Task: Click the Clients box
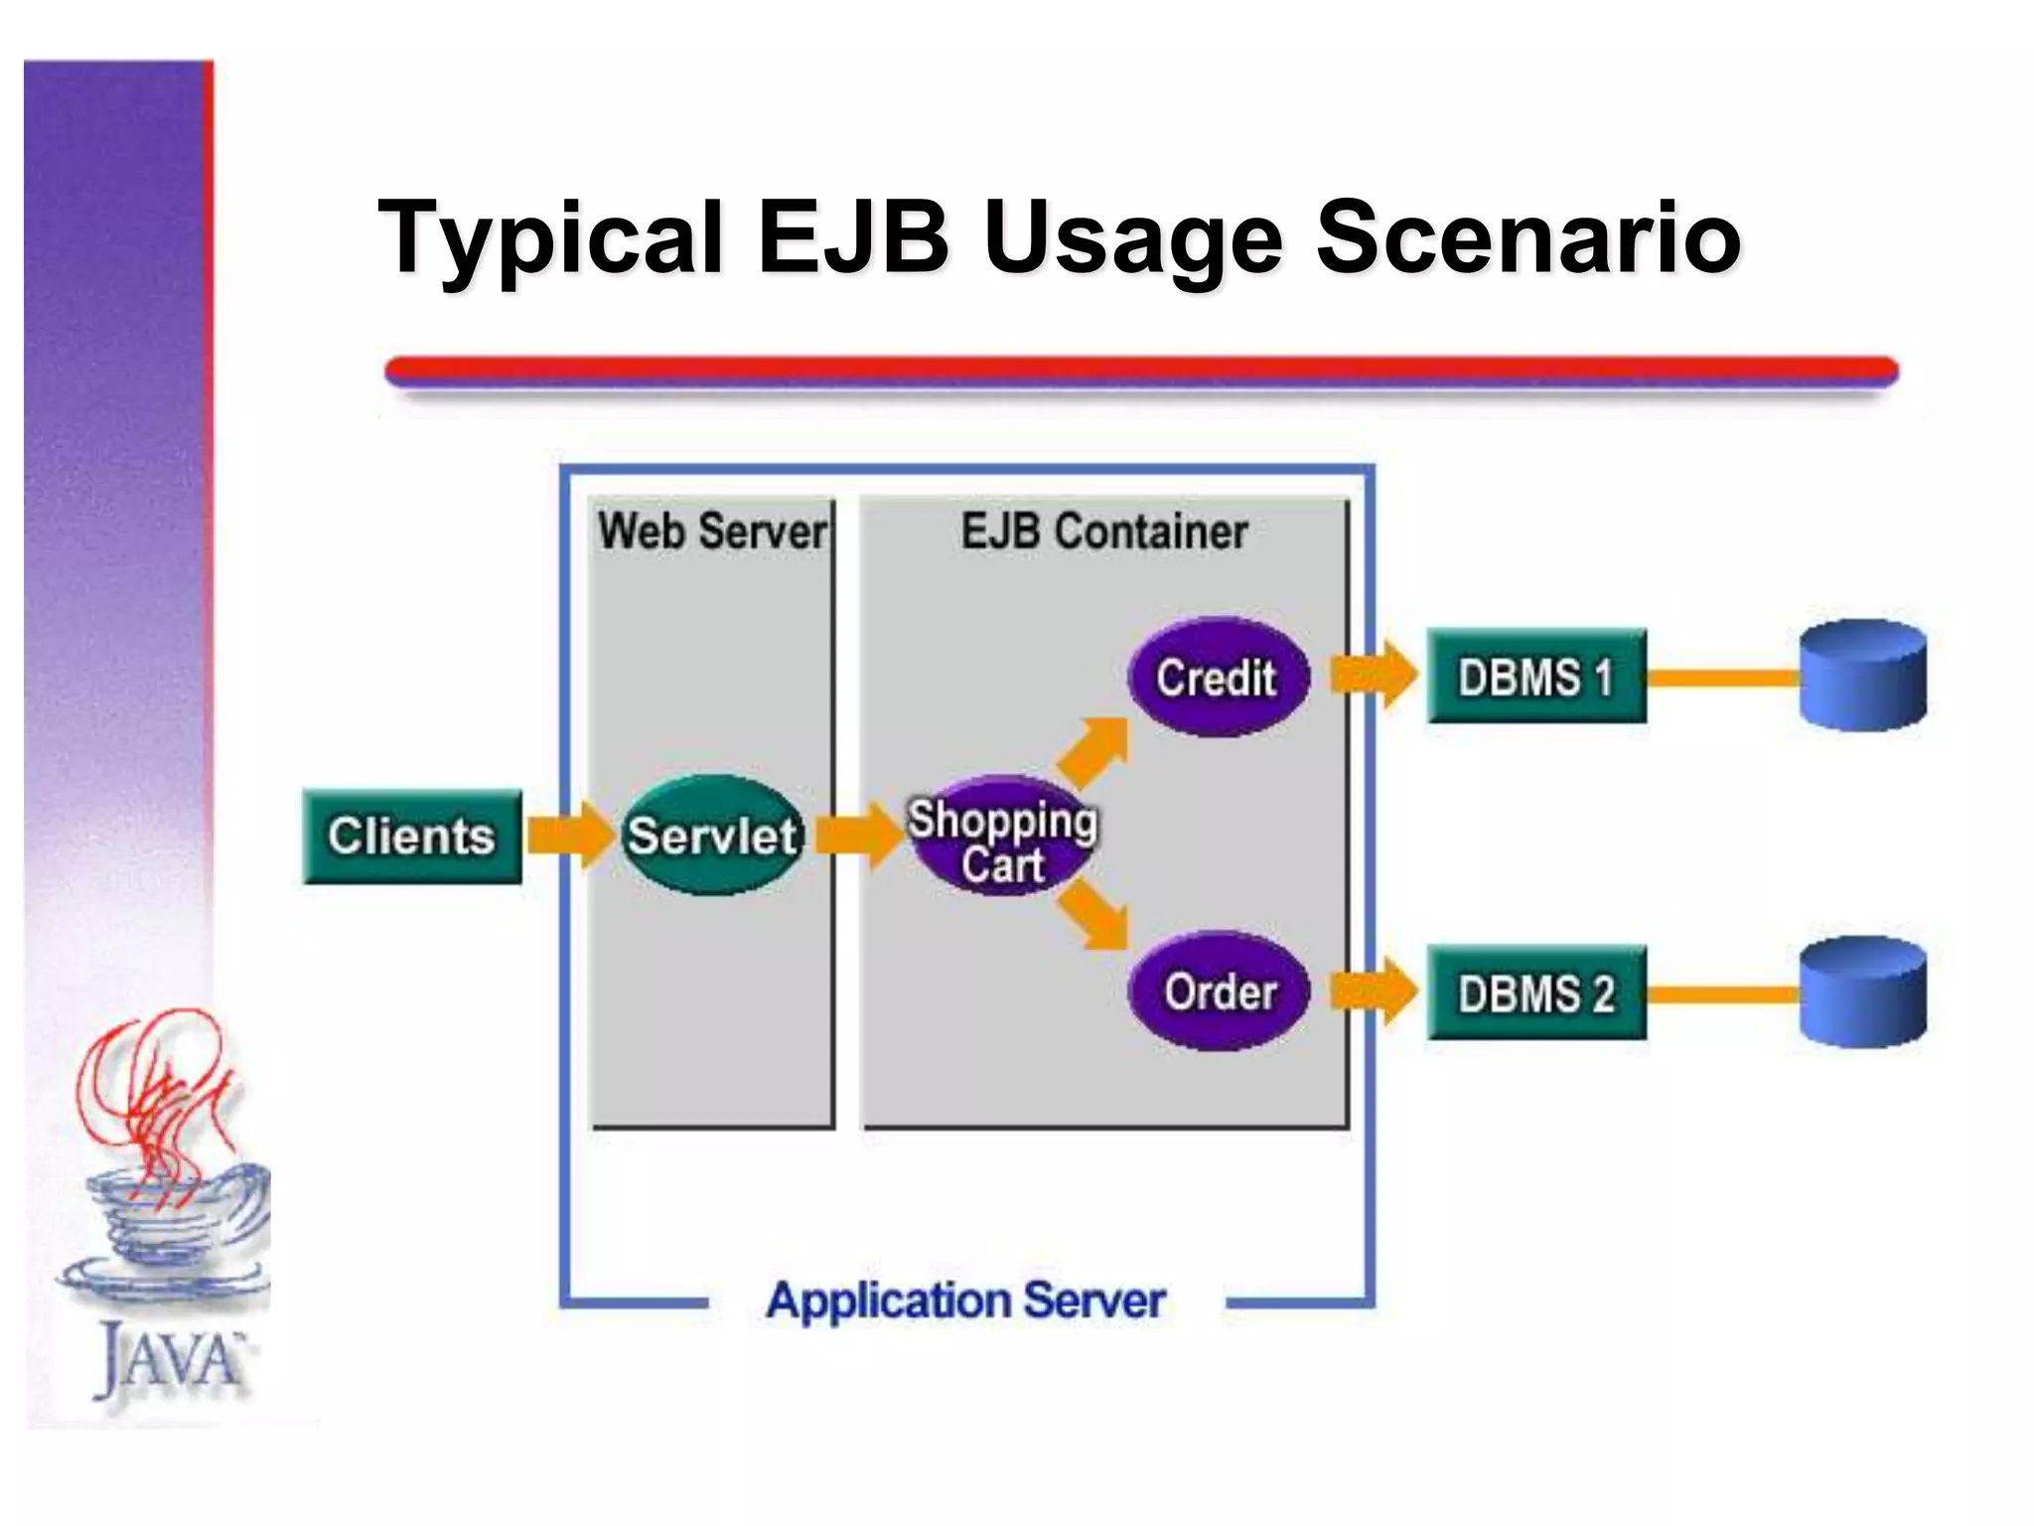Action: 411,837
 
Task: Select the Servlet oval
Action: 711,836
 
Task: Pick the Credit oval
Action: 1218,678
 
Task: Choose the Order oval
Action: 1219,992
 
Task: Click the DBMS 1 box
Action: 1535,677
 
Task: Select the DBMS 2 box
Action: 1535,992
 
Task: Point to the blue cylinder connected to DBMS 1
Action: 1863,676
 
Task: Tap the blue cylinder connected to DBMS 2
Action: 1863,992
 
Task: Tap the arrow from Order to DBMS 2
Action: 1374,991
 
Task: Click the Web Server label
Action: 711,532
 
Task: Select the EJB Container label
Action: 1103,532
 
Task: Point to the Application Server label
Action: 965,1300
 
